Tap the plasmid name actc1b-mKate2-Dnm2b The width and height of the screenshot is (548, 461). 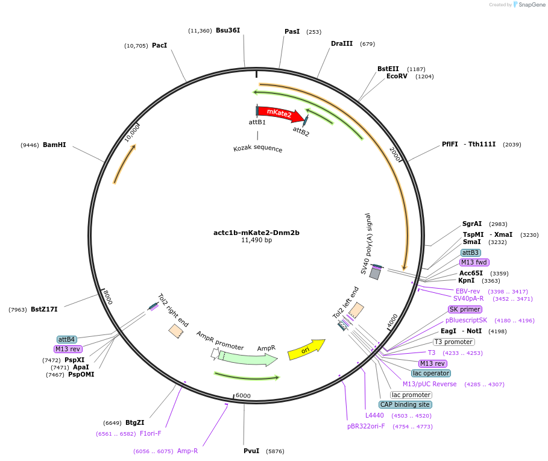click(x=256, y=232)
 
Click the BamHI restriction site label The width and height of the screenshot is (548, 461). click(x=54, y=145)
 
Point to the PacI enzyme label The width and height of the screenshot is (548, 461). click(x=159, y=45)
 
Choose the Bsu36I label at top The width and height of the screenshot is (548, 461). click(x=228, y=30)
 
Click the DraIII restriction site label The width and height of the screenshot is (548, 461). click(x=342, y=43)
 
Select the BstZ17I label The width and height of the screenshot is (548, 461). click(x=44, y=309)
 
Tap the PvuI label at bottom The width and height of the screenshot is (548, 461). click(x=251, y=451)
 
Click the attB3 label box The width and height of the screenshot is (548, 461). click(x=471, y=252)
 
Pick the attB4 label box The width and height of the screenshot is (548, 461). click(x=67, y=339)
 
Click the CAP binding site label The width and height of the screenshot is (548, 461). click(x=405, y=404)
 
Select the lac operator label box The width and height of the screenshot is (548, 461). click(x=431, y=373)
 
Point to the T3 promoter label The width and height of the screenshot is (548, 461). click(x=453, y=342)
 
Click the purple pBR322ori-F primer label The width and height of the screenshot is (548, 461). click(x=366, y=426)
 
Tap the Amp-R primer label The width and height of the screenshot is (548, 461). click(x=187, y=451)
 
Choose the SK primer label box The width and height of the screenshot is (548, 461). click(x=464, y=309)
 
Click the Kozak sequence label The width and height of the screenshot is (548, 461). click(x=257, y=148)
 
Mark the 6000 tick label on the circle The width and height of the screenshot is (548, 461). click(x=242, y=395)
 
